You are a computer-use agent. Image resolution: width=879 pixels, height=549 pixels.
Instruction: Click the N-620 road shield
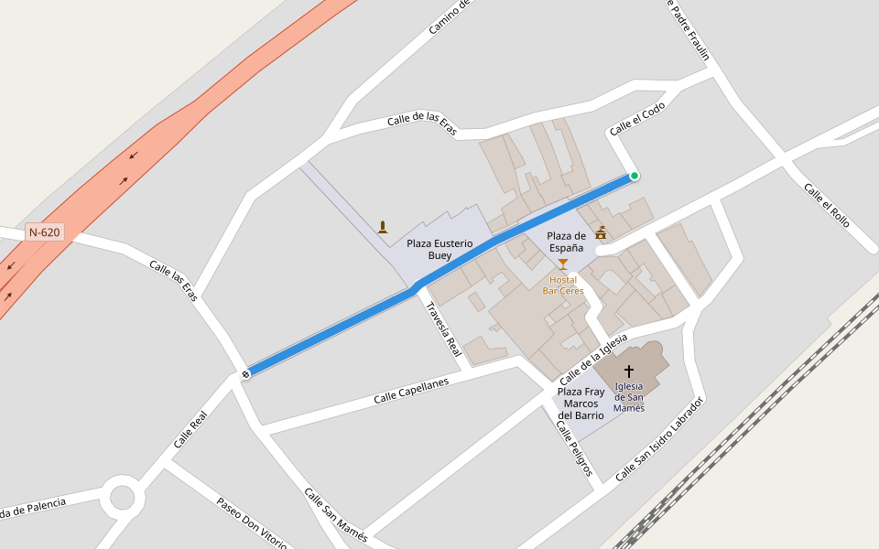[44, 232]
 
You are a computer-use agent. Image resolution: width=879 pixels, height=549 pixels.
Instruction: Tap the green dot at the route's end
[634, 176]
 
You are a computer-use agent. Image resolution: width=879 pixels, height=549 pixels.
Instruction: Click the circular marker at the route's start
[245, 373]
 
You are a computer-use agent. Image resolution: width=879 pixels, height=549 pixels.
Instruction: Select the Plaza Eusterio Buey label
[439, 249]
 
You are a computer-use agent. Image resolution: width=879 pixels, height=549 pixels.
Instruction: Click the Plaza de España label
[566, 242]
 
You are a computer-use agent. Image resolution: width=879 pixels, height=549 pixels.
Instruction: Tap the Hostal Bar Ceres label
[563, 285]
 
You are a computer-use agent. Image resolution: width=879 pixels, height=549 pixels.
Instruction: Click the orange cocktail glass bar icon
[563, 264]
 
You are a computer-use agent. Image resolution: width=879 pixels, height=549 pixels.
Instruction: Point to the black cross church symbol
[629, 371]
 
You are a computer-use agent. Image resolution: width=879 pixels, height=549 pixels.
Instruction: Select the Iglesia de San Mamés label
[629, 397]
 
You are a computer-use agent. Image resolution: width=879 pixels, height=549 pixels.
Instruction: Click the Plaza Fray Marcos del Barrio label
[581, 404]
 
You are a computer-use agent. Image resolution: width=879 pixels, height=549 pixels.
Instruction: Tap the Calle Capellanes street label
[411, 392]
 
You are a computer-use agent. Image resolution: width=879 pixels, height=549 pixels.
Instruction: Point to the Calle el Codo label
[637, 119]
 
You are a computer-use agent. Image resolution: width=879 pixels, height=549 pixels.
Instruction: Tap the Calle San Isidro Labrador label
[659, 439]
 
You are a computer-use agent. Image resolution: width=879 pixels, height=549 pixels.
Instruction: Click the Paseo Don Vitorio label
[252, 522]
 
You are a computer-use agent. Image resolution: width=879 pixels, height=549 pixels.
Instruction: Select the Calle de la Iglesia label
[593, 356]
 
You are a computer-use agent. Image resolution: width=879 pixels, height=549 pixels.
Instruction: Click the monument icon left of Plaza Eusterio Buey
[383, 227]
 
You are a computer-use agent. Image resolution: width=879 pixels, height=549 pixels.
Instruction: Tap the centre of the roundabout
[122, 499]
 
